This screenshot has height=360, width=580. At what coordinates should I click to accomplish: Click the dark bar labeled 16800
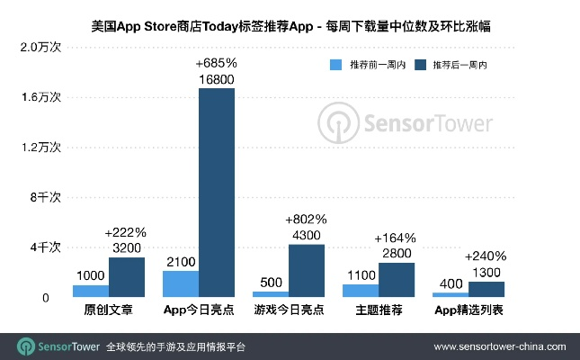[216, 193]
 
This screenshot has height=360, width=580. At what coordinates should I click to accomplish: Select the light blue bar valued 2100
[180, 283]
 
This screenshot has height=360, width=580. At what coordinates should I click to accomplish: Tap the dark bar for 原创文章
[126, 277]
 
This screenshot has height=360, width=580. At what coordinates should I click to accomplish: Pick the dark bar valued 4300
[306, 270]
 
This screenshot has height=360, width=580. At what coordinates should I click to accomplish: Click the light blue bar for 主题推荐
[360, 291]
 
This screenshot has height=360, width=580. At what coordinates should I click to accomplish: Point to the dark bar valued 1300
[486, 289]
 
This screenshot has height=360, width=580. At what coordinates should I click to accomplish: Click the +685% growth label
[216, 64]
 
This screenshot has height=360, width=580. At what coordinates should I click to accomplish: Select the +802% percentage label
[306, 219]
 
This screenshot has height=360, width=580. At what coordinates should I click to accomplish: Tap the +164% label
[396, 238]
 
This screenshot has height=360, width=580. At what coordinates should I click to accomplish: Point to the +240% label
[486, 256]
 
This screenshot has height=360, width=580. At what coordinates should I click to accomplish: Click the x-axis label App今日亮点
[198, 310]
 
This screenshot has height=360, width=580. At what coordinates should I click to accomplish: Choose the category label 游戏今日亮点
[288, 310]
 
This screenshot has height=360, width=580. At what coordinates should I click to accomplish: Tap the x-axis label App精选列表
[468, 310]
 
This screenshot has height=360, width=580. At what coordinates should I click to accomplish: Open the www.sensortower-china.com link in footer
[500, 346]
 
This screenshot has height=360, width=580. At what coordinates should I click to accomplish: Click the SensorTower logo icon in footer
[24, 346]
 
